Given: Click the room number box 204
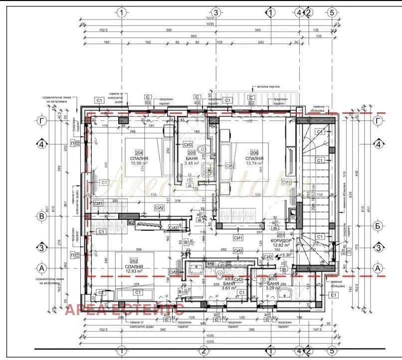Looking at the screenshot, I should [x=139, y=153].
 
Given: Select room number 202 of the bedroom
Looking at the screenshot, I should [x=133, y=261].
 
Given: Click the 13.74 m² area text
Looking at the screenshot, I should [x=254, y=164].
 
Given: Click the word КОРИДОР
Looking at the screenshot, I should [x=282, y=240].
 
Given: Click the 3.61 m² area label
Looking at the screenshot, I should [x=228, y=288].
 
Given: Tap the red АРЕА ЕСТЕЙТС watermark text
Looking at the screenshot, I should [x=125, y=309].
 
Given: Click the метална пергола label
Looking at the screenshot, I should [x=268, y=86].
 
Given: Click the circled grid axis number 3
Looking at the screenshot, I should [x=215, y=12].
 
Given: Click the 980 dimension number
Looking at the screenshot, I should [x=203, y=322].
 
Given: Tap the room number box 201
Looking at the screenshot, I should [x=282, y=235].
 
